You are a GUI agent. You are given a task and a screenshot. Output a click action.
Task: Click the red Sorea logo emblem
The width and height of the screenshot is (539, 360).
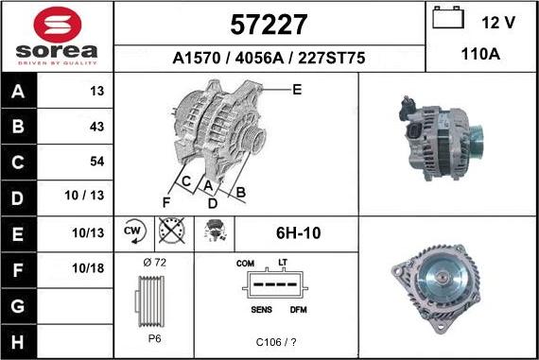tap(58, 25)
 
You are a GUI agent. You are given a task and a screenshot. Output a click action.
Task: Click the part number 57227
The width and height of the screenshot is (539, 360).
tap(269, 25)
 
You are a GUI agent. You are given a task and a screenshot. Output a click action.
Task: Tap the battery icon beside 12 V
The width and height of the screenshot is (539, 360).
tap(448, 18)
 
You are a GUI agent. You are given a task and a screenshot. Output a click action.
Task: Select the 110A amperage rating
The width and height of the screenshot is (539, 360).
tap(480, 54)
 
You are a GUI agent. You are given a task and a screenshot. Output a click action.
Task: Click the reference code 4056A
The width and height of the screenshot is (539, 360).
tap(259, 58)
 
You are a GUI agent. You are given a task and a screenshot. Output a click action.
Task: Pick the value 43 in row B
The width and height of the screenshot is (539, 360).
tap(96, 127)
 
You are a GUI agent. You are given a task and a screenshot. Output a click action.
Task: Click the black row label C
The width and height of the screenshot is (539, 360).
tap(18, 163)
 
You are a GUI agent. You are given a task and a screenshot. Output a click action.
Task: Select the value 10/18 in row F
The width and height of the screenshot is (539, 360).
tap(88, 268)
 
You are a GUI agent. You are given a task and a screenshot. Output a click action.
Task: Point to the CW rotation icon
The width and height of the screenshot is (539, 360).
tap(134, 231)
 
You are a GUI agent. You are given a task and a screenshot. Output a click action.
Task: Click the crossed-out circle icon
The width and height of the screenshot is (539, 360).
tap(172, 230)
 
